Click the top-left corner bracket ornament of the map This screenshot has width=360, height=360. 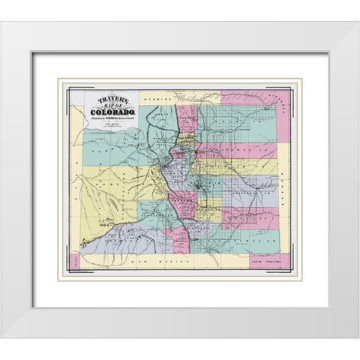click(69, 92)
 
